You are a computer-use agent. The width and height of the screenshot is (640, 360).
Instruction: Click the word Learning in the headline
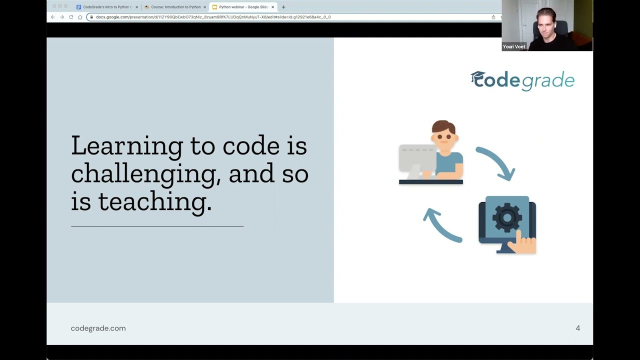[x=126, y=146]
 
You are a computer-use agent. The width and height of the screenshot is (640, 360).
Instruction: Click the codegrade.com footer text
[x=98, y=328]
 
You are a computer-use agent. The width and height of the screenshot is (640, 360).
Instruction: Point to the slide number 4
[x=577, y=328]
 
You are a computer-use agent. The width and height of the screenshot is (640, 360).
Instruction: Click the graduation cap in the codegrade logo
[x=478, y=78]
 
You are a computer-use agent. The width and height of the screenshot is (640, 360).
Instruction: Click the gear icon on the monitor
[x=506, y=217]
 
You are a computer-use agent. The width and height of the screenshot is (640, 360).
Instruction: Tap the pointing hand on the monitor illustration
[x=523, y=243]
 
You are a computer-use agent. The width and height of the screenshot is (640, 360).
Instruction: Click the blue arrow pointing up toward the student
[x=441, y=225]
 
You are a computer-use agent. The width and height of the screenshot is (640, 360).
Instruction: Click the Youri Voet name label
[x=514, y=46]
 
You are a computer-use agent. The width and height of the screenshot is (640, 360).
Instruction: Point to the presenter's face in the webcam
[x=545, y=25]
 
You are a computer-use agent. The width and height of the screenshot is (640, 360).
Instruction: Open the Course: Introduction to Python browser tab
[x=175, y=7]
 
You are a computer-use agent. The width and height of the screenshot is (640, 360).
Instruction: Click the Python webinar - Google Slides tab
[x=243, y=7]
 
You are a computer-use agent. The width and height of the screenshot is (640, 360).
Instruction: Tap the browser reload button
[x=71, y=17]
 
